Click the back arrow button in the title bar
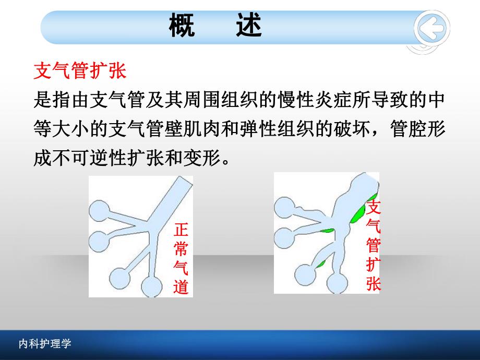point(431,28)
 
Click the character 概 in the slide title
point(182,26)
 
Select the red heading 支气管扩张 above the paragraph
point(79,71)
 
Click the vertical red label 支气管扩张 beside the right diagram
point(373,245)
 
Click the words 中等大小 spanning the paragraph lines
point(52,128)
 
